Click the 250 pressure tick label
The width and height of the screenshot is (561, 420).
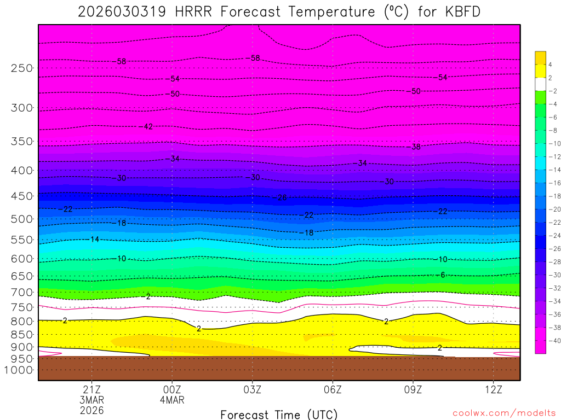point(21,68)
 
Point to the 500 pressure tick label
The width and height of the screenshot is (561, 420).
point(21,219)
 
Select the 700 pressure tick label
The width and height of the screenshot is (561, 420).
point(21,292)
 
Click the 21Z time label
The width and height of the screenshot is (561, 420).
point(91,389)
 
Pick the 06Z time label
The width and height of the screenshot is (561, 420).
point(333,389)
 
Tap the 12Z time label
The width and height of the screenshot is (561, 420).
point(494,389)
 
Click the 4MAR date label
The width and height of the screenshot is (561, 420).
point(172,400)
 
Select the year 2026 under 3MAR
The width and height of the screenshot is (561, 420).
point(91,410)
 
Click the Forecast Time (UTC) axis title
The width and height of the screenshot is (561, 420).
point(279,414)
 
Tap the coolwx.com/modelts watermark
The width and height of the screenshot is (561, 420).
point(504,413)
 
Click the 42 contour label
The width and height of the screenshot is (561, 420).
point(148,127)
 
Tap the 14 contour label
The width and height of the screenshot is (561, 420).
point(94,240)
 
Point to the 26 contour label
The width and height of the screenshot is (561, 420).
point(282,197)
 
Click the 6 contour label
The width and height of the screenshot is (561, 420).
point(442,275)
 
